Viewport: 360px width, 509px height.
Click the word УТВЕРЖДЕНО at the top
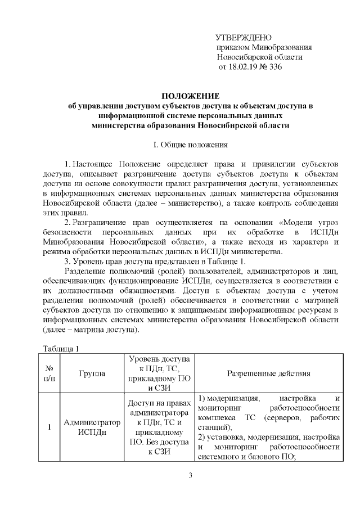(244, 37)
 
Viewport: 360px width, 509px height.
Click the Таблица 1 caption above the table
(60, 349)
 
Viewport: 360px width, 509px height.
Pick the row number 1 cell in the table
(48, 427)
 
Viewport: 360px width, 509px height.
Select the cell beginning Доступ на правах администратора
(159, 427)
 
